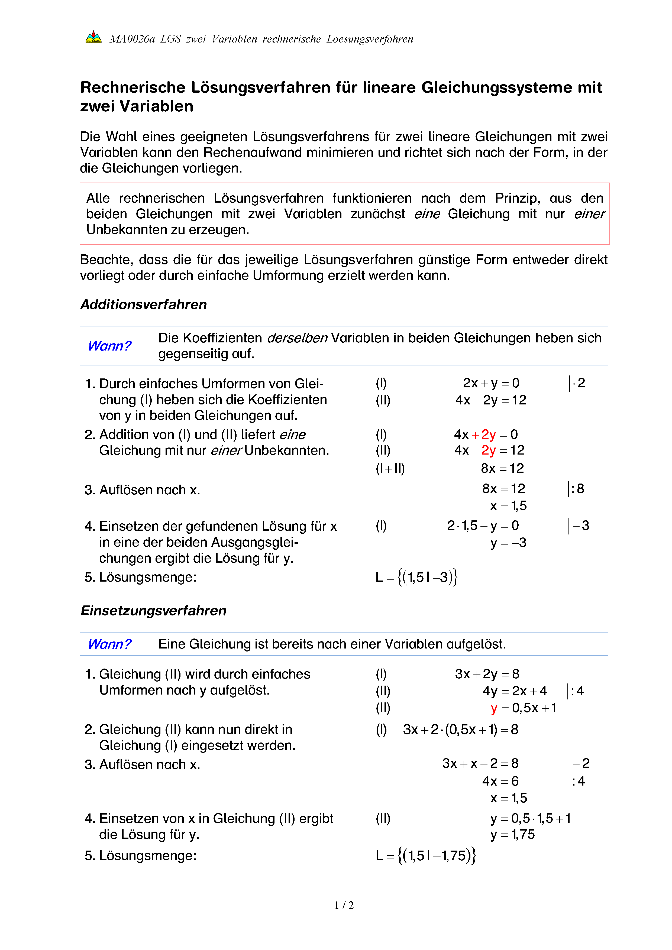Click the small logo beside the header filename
pyautogui.click(x=93, y=38)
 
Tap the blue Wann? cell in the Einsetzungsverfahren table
pyautogui.click(x=110, y=644)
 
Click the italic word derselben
pyautogui.click(x=297, y=338)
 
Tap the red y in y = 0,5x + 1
pyautogui.click(x=494, y=708)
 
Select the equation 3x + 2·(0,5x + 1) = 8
pyautogui.click(x=460, y=729)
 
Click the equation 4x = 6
pyautogui.click(x=500, y=781)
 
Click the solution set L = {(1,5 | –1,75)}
pyautogui.click(x=425, y=856)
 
